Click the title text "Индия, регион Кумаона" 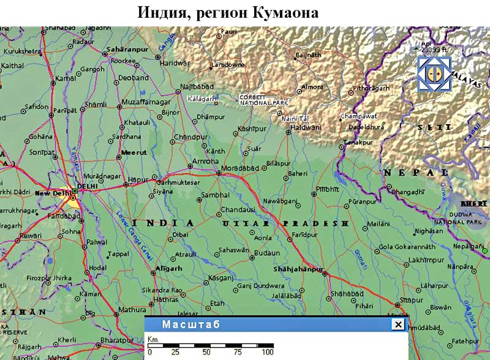(x=228, y=12)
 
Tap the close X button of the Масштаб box (x=398, y=325)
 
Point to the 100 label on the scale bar (x=267, y=353)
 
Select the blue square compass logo (x=434, y=75)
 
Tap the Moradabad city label (x=238, y=168)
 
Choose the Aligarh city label (x=170, y=268)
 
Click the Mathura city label (x=132, y=310)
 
